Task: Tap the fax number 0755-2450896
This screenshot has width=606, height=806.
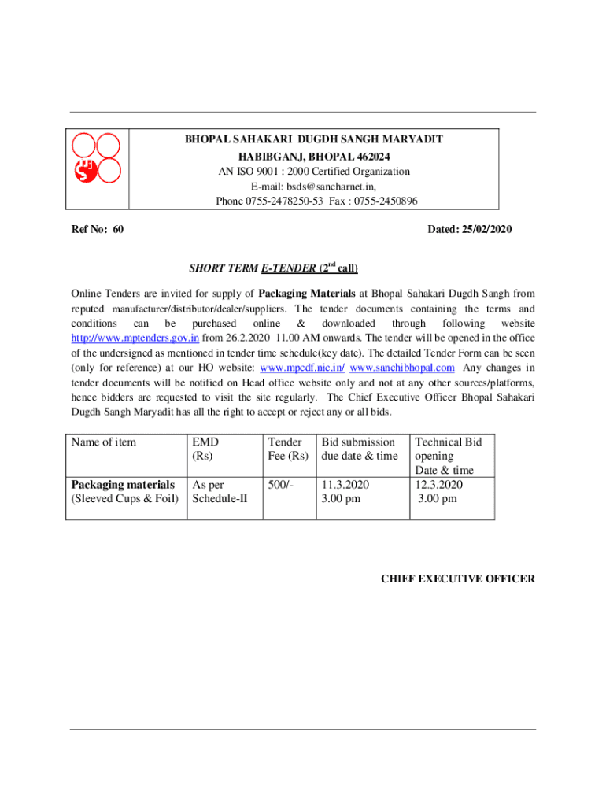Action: point(389,201)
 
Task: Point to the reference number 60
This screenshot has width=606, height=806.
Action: point(117,230)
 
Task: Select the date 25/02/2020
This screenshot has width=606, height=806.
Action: point(481,230)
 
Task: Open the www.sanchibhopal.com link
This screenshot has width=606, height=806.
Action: point(402,368)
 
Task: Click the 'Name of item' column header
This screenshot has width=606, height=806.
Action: point(104,442)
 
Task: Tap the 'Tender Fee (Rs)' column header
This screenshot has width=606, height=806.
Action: point(287,449)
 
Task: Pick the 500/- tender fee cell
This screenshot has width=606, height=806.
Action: point(280,485)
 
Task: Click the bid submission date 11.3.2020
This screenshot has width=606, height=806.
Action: point(345,485)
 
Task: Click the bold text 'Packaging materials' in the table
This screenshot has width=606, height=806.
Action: point(123,485)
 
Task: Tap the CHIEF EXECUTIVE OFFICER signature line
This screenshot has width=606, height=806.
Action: point(458,579)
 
